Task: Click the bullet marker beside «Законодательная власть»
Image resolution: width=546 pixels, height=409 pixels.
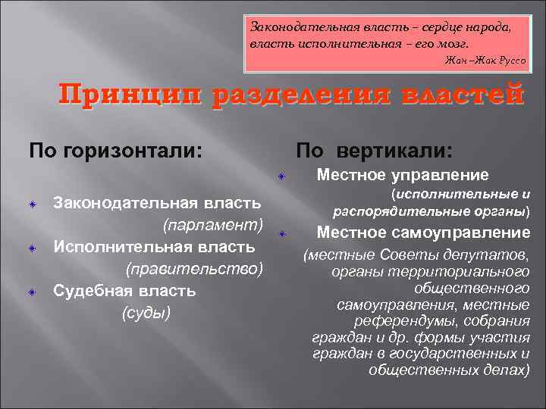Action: tap(34, 204)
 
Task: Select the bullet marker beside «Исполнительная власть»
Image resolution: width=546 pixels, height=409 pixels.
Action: tap(34, 248)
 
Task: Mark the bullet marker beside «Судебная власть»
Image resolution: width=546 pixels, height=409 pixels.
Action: tap(34, 292)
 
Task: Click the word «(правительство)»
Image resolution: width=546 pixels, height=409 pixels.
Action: tap(194, 269)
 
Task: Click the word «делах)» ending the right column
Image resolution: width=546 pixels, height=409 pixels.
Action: tap(507, 370)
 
